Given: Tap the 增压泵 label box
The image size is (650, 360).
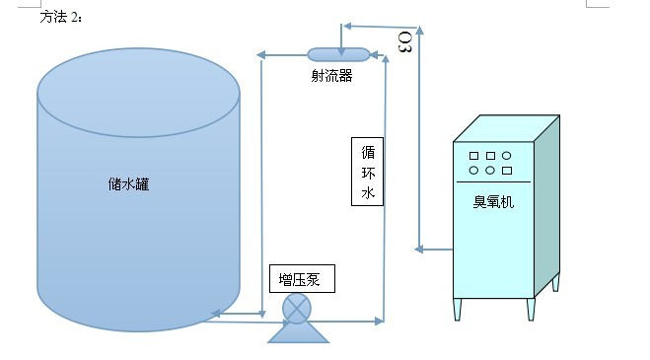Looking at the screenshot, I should [x=300, y=279].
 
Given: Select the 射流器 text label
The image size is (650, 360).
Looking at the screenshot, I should [x=331, y=74].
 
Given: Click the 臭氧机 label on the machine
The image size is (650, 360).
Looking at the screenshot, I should [x=493, y=203].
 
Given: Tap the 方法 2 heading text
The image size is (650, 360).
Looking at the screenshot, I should [x=63, y=17].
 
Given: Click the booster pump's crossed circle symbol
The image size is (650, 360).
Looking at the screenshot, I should [x=296, y=308].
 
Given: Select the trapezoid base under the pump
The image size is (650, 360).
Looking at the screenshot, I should [x=297, y=333].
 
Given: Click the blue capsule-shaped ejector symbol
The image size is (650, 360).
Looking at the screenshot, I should [x=338, y=53].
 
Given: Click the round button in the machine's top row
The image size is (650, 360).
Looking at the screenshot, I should [x=507, y=156].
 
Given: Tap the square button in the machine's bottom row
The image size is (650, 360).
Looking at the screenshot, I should [x=507, y=171].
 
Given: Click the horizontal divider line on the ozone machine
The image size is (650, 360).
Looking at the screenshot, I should [x=493, y=181].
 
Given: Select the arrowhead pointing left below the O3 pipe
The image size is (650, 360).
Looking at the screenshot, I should [x=422, y=246].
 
